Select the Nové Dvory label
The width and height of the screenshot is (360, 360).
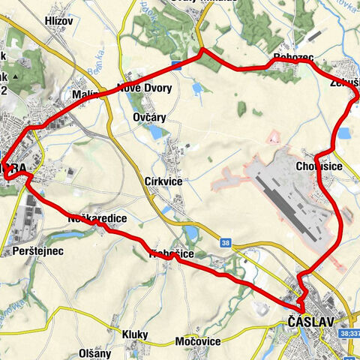[x=145, y=88]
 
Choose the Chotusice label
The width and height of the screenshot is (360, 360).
[x=319, y=166]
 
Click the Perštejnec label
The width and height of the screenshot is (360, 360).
[x=34, y=251]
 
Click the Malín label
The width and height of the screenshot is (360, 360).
[x=87, y=95]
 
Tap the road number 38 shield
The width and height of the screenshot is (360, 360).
[x=226, y=242]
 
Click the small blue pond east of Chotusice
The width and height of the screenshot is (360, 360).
[x=344, y=133]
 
